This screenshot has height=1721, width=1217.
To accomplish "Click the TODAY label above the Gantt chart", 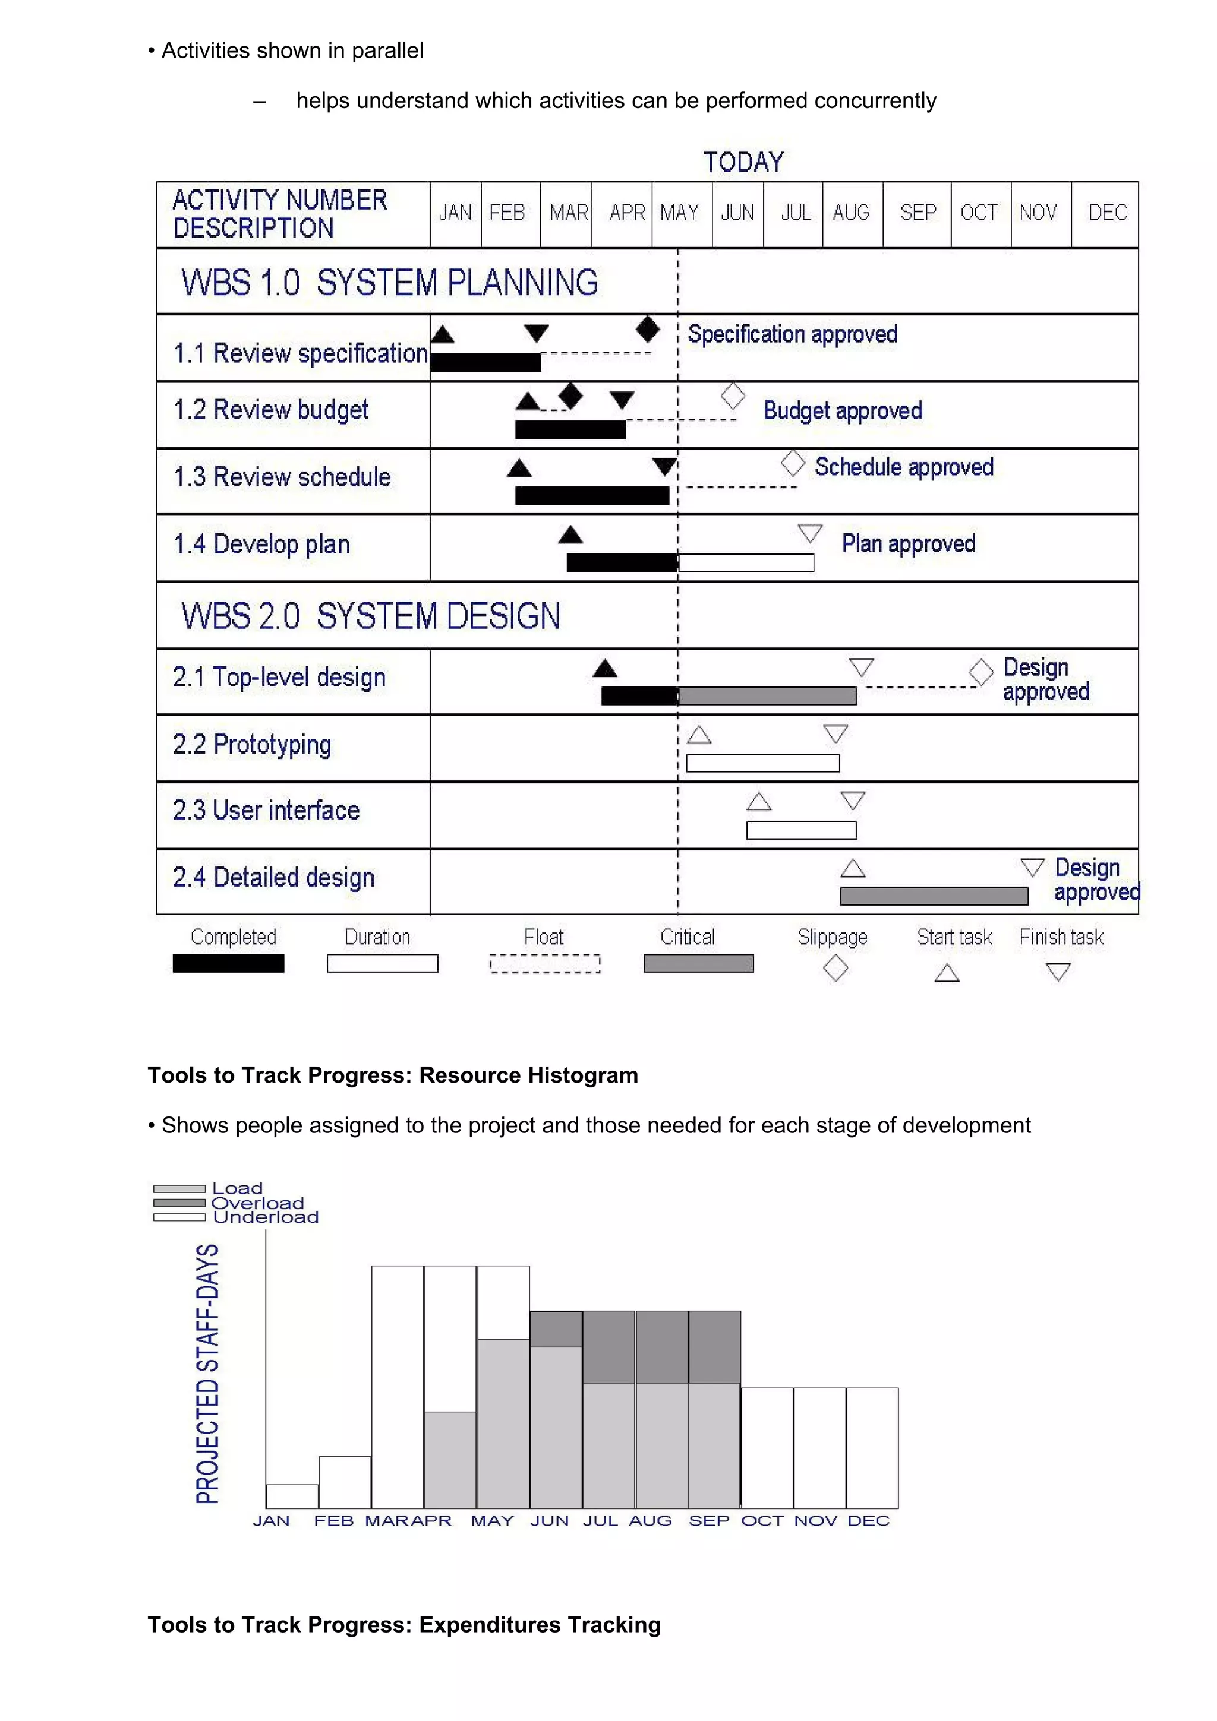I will (x=743, y=162).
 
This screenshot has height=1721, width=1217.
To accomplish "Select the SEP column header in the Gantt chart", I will (x=918, y=213).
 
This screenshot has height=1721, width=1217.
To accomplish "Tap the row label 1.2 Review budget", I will (x=271, y=410).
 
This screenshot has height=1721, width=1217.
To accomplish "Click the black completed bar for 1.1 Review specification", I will (x=485, y=363).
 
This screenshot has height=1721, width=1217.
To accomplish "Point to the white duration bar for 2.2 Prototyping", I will (x=762, y=763).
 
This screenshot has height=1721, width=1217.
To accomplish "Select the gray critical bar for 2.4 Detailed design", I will (x=934, y=896).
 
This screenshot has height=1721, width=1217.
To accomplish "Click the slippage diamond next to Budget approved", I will (x=733, y=396).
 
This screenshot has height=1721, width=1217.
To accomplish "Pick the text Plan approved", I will (x=908, y=543).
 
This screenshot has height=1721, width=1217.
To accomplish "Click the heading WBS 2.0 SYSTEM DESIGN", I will (x=370, y=616).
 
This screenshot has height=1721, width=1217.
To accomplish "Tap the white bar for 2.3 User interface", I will (x=801, y=830).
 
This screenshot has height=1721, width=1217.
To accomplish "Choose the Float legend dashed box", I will (x=545, y=963).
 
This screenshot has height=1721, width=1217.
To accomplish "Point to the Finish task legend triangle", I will (x=1058, y=972).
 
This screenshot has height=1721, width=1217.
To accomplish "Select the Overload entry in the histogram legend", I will (x=257, y=1203).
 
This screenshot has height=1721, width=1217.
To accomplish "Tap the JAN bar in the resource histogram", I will (x=292, y=1496).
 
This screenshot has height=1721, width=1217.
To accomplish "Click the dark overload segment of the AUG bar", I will (x=661, y=1346).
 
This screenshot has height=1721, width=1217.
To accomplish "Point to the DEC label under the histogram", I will (x=868, y=1521).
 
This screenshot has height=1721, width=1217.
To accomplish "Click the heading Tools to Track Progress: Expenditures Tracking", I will (x=404, y=1624).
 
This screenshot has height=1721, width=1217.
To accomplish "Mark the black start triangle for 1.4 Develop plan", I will (x=570, y=534).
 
